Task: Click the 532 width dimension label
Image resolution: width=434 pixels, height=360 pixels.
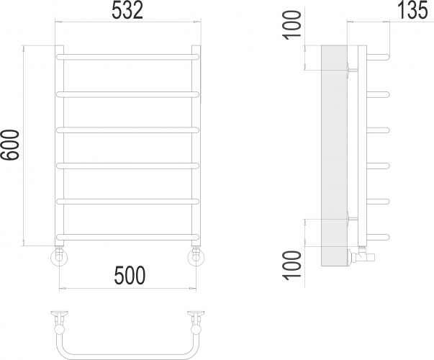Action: click(x=127, y=11)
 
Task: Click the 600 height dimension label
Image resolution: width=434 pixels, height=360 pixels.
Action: click(x=10, y=145)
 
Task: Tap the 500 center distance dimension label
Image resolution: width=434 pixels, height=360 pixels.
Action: click(x=130, y=275)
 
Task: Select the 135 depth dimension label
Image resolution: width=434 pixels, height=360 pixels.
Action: click(x=412, y=11)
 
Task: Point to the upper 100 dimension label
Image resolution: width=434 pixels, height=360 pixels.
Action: click(x=291, y=25)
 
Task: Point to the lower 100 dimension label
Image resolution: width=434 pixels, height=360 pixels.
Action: click(x=291, y=265)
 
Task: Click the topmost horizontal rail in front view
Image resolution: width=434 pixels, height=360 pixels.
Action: click(x=127, y=58)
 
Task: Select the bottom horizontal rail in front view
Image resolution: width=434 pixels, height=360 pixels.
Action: click(x=127, y=237)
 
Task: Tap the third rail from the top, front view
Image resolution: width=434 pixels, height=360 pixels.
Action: click(x=127, y=130)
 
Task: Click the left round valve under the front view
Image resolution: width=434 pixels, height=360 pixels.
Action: click(x=59, y=257)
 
